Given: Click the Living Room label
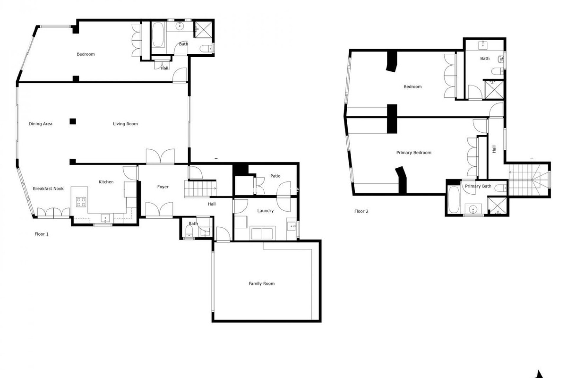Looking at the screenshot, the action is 125,124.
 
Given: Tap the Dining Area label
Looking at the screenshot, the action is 40,124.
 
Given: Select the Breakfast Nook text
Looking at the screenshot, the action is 48,188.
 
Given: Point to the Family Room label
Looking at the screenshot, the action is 262,283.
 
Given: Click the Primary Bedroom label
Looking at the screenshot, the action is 414,153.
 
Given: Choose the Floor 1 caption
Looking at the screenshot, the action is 42,234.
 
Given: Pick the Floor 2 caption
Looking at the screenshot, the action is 361,211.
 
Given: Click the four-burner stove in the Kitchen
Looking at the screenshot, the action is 81,202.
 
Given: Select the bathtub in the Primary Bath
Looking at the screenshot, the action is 453,199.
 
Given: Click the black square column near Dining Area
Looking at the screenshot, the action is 73,121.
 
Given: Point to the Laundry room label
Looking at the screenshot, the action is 265,211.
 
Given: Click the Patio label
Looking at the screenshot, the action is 275,176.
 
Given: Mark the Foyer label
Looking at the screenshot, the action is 163,187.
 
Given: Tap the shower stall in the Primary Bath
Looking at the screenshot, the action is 497,206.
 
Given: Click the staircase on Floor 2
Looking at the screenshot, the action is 529,180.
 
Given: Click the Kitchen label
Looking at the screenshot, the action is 106,182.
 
